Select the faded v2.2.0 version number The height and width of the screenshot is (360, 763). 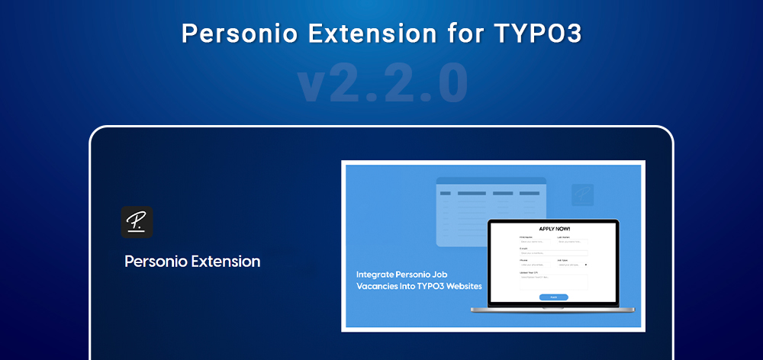tap(381, 85)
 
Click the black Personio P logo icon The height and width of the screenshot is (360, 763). tap(137, 222)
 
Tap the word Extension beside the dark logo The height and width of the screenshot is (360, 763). tap(225, 262)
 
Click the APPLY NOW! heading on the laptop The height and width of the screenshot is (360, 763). tap(554, 229)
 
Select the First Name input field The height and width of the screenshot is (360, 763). tap(534, 242)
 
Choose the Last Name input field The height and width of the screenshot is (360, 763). tap(572, 242)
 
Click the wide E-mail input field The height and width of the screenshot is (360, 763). tap(553, 253)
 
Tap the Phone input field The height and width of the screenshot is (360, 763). tap(534, 265)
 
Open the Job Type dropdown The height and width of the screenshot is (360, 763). tap(572, 265)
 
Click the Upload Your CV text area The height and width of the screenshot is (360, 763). tap(553, 281)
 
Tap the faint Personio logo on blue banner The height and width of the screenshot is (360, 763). tap(582, 194)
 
